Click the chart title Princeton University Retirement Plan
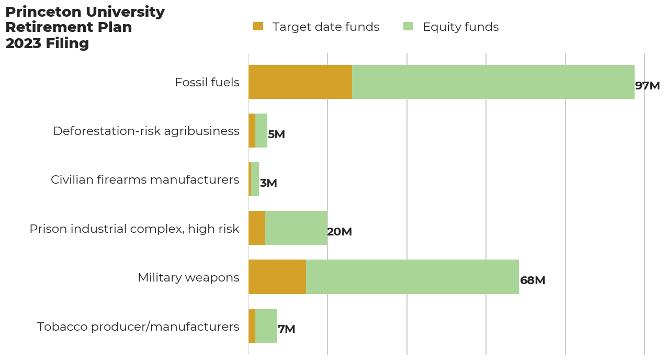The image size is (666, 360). click(x=85, y=27)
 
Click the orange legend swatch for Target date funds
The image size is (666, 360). click(x=258, y=27)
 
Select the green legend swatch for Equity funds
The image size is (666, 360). click(x=408, y=27)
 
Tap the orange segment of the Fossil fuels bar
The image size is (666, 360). click(x=300, y=82)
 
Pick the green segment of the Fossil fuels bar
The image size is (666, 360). click(x=493, y=82)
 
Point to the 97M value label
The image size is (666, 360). click(x=647, y=86)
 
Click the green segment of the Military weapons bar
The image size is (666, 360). click(x=412, y=277)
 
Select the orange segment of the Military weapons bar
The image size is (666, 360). click(x=277, y=277)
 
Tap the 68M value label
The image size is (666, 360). click(x=533, y=280)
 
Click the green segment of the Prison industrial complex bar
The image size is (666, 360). click(x=296, y=228)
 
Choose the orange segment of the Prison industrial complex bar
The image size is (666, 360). click(x=257, y=228)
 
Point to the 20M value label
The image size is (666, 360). click(x=340, y=232)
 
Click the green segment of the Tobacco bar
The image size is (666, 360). click(x=266, y=325)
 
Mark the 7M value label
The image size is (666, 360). click(x=286, y=329)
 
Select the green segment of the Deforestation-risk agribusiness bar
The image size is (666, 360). click(x=261, y=131)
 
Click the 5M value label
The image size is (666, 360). click(x=276, y=134)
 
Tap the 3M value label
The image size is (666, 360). click(x=268, y=183)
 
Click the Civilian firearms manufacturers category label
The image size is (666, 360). click(x=145, y=180)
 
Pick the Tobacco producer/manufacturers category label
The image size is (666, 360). click(x=138, y=327)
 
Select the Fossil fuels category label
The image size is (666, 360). click(x=207, y=83)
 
